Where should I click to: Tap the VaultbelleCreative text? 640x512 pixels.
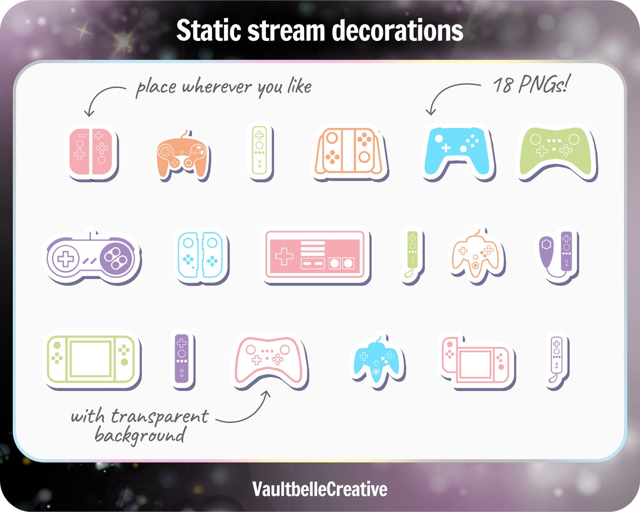click(x=319, y=488)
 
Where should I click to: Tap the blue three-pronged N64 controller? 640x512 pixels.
click(x=378, y=362)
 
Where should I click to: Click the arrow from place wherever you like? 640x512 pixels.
click(x=102, y=98)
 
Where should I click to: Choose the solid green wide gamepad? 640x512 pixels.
click(x=556, y=151)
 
